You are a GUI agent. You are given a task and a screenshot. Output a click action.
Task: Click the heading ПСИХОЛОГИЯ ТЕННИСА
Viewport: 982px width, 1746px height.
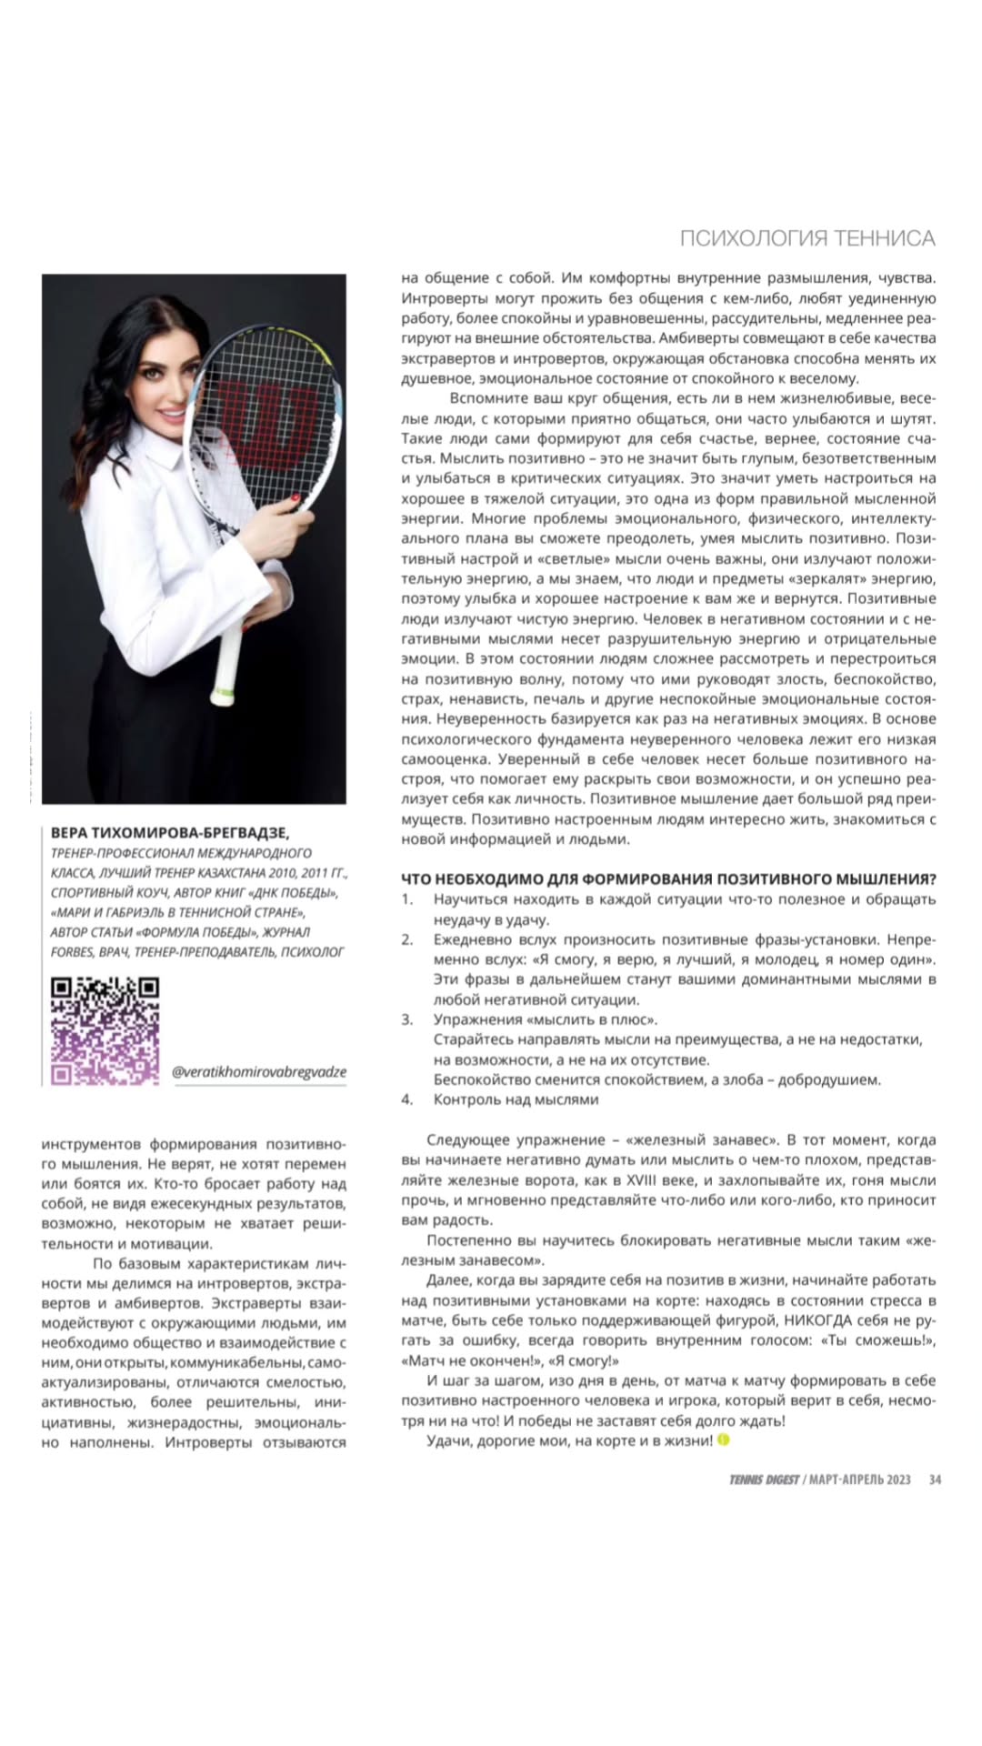click(x=807, y=238)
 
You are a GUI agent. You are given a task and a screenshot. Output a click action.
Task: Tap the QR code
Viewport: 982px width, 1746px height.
click(x=105, y=1030)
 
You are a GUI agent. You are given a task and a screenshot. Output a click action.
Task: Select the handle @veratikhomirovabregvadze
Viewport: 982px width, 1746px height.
click(x=259, y=1071)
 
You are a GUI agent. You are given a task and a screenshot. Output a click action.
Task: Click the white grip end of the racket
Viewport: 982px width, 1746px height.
click(x=220, y=697)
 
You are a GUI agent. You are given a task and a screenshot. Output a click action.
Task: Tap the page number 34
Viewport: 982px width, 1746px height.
click(x=935, y=1480)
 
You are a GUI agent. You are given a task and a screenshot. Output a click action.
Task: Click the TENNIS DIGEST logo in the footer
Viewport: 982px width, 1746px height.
click(x=763, y=1480)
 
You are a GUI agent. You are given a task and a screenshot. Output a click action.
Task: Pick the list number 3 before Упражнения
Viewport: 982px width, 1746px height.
click(x=407, y=1019)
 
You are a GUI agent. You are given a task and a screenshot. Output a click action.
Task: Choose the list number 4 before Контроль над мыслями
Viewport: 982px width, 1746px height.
click(x=407, y=1099)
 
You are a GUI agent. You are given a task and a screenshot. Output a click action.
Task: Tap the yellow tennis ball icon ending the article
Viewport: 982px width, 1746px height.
click(x=724, y=1440)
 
